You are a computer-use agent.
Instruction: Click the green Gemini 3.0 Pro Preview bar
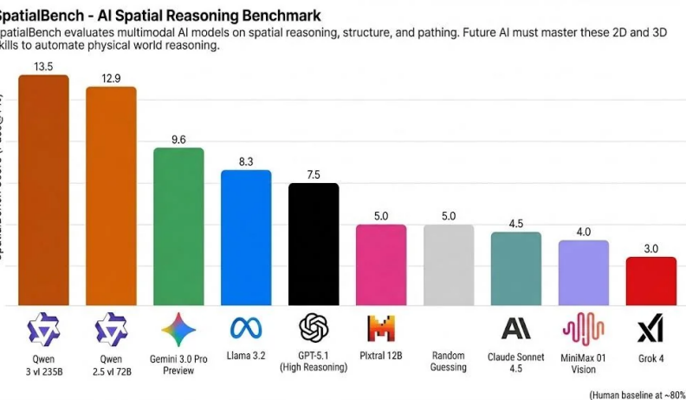point(178,227)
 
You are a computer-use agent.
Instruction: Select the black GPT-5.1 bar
point(314,245)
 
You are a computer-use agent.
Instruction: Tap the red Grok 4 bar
point(650,281)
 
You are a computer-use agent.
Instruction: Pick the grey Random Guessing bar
point(448,265)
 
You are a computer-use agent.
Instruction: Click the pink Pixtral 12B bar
point(381,265)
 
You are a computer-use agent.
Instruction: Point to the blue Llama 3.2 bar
point(246,238)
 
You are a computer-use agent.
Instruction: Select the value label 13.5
point(44,65)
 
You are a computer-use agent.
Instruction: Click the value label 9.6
point(178,138)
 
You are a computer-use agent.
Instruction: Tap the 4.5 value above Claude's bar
point(515,222)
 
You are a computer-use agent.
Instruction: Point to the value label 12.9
point(111,77)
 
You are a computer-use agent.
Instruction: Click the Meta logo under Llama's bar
point(246,328)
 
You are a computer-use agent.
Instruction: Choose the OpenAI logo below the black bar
point(314,328)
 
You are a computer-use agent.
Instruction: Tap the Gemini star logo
point(178,330)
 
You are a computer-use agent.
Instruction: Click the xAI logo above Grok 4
point(650,330)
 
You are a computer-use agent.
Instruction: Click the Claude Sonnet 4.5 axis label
point(515,361)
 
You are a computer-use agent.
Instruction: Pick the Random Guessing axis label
point(448,361)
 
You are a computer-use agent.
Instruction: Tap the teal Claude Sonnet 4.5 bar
point(515,269)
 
